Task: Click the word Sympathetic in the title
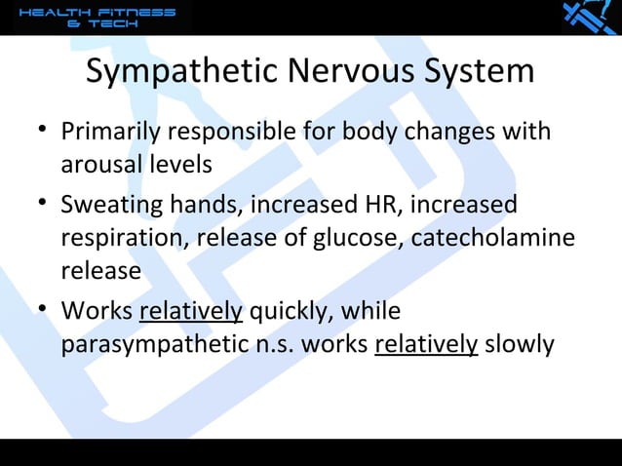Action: (x=183, y=73)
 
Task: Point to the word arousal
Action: (x=100, y=164)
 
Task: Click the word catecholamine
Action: (x=487, y=238)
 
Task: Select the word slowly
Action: (x=520, y=345)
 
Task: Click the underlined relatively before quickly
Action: (x=191, y=313)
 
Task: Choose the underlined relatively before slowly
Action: (x=426, y=345)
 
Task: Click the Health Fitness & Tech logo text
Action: (x=97, y=18)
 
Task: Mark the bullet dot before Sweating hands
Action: (x=37, y=205)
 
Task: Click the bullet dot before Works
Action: (x=37, y=311)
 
